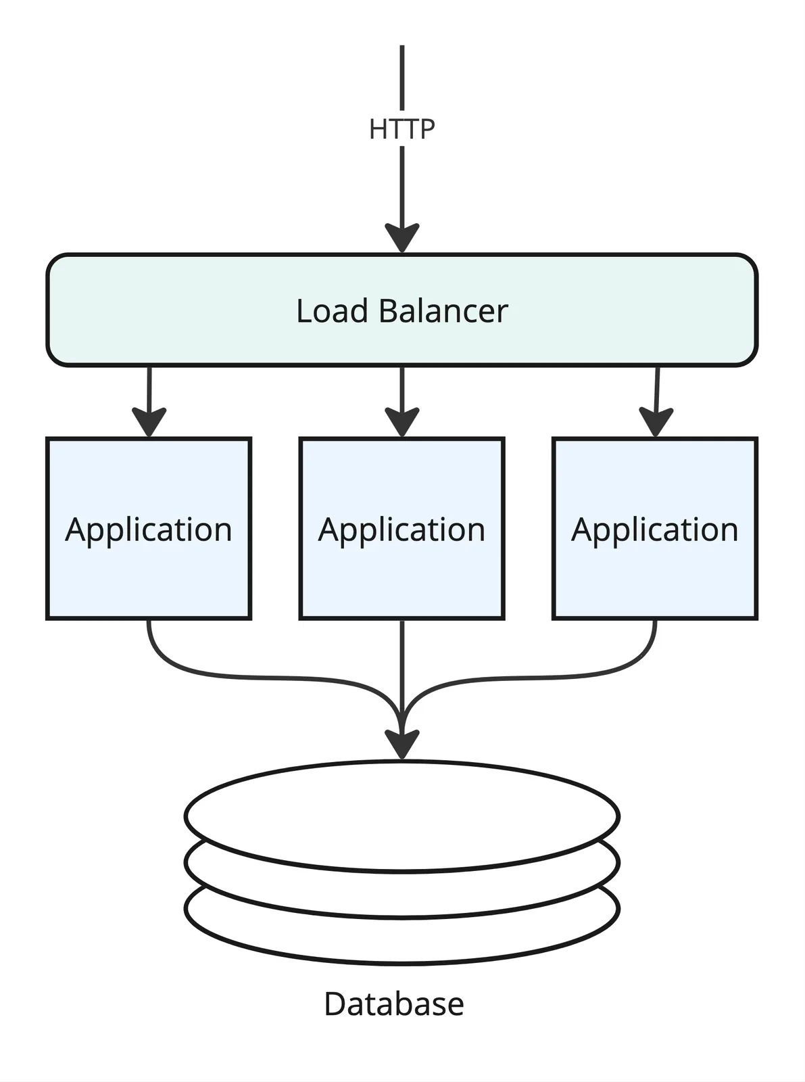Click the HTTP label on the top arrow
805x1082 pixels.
tap(401, 129)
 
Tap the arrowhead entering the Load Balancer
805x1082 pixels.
tap(402, 237)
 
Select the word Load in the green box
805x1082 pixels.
tap(332, 311)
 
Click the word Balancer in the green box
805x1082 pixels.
tap(443, 311)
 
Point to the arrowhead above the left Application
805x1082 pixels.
tap(149, 422)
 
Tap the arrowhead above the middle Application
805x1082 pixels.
tap(402, 422)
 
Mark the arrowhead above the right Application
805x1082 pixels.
tap(656, 422)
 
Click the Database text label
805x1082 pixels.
tap(394, 1004)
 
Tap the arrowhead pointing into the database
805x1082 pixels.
tap(402, 745)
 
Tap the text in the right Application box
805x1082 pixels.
tap(655, 530)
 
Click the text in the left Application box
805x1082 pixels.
tap(149, 530)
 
